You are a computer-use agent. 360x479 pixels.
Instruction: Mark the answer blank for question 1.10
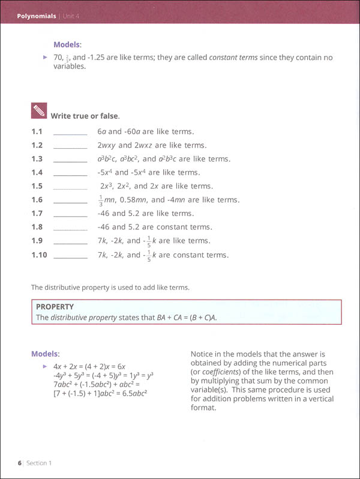point(70,256)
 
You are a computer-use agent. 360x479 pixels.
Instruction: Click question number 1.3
point(37,159)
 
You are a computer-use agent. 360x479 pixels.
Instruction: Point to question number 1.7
point(37,214)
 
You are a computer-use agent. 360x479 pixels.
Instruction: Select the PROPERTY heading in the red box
point(55,307)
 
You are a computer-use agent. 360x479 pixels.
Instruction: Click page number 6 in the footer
point(20,463)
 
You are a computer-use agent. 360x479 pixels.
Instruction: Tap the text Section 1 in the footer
point(40,463)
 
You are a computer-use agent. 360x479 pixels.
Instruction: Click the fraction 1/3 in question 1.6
point(100,200)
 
